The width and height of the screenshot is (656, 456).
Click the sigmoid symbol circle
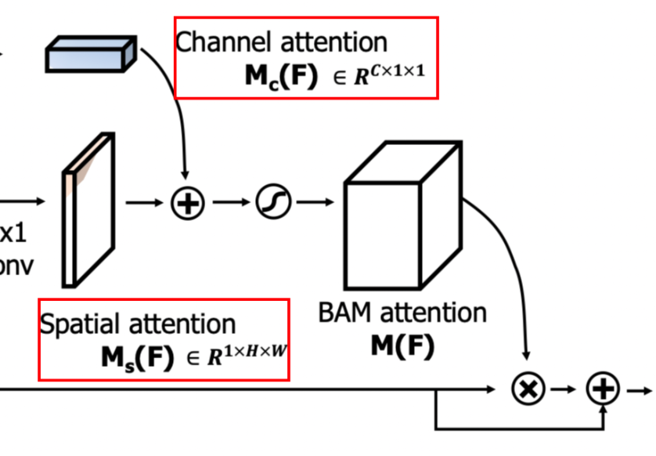274,203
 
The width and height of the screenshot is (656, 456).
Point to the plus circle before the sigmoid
187,203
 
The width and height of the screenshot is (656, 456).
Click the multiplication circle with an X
528,389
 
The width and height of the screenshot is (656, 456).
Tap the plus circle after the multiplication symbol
603,389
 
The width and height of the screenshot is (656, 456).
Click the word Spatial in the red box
81,324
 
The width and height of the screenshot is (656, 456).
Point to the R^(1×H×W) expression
246,357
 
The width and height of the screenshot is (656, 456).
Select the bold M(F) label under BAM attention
402,345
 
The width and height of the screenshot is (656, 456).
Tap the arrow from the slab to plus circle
144,203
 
